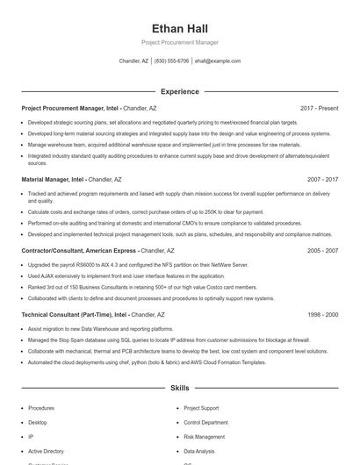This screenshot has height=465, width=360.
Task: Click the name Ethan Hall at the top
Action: click(179, 28)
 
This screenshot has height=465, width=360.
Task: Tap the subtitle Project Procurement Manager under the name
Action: click(179, 42)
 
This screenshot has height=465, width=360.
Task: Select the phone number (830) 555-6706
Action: click(171, 61)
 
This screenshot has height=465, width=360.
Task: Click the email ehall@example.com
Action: click(217, 61)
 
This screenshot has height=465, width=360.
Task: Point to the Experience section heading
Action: click(179, 91)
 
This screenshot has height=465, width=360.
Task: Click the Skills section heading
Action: click(179, 387)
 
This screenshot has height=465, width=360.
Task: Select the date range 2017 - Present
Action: click(319, 108)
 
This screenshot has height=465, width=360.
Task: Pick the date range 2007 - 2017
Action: click(322, 179)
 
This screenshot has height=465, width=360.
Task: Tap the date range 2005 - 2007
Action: click(322, 250)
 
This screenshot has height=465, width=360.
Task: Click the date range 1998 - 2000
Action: click(322, 313)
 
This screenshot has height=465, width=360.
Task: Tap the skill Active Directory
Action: click(45, 450)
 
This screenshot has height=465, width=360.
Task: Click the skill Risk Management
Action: click(205, 436)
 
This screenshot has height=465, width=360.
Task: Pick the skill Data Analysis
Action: click(200, 450)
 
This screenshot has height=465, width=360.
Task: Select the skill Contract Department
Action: click(207, 422)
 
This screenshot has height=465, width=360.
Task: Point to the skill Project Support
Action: click(201, 408)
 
